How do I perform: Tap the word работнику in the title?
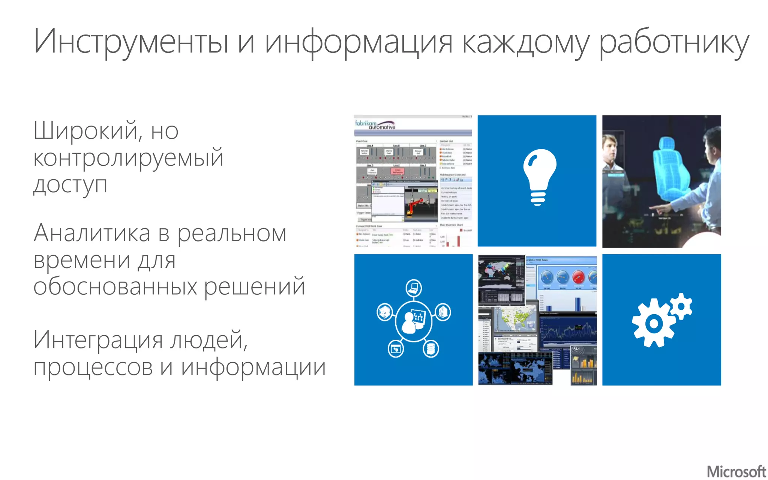click(673, 42)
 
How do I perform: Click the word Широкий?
click(86, 130)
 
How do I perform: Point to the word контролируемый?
click(128, 157)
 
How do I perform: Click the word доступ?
click(70, 185)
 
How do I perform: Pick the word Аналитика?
click(92, 233)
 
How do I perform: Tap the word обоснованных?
click(115, 286)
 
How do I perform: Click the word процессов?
click(93, 367)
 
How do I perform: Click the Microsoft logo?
click(736, 471)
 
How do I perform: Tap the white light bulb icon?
click(539, 177)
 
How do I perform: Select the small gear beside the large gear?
click(681, 306)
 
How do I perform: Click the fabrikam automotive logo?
click(375, 125)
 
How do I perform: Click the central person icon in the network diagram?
click(413, 321)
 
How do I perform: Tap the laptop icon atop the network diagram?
click(414, 288)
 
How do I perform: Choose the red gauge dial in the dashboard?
click(579, 277)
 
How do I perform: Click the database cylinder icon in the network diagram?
click(430, 349)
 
